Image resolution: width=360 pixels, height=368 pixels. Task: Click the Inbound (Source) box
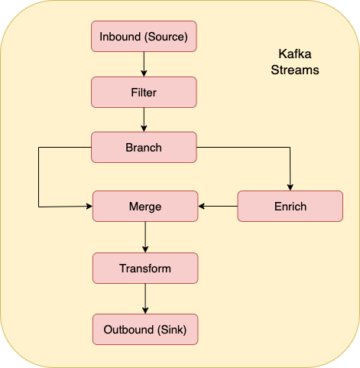tap(144, 37)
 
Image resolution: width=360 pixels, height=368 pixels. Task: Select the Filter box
tap(144, 92)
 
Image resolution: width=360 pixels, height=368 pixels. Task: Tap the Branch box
tap(144, 147)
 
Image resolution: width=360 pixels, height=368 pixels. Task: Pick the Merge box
tap(145, 206)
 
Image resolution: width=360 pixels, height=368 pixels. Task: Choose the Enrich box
tap(290, 206)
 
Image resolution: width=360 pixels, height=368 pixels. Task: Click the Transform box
tap(145, 268)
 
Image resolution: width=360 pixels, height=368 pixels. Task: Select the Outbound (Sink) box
tap(145, 329)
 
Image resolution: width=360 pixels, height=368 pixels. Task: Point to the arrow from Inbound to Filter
tap(144, 64)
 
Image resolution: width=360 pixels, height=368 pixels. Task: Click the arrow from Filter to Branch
tap(144, 119)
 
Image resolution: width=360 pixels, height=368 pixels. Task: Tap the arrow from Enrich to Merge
tap(218, 206)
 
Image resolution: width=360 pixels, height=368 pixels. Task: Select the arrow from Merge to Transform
tap(145, 237)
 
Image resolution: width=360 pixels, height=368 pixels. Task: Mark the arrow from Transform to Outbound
tap(145, 298)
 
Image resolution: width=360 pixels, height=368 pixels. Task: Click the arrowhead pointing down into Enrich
tap(290, 187)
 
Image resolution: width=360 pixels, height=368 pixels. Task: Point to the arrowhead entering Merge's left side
tap(89, 206)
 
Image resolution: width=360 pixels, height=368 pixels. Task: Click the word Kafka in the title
tap(295, 54)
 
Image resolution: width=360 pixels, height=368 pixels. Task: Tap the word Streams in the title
tap(295, 70)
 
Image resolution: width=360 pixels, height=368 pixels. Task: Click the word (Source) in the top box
tap(166, 37)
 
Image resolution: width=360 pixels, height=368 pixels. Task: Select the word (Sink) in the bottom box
tap(172, 330)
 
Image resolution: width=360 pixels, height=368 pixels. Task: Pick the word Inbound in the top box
tap(120, 37)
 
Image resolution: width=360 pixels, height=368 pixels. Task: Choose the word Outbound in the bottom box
tap(128, 330)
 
